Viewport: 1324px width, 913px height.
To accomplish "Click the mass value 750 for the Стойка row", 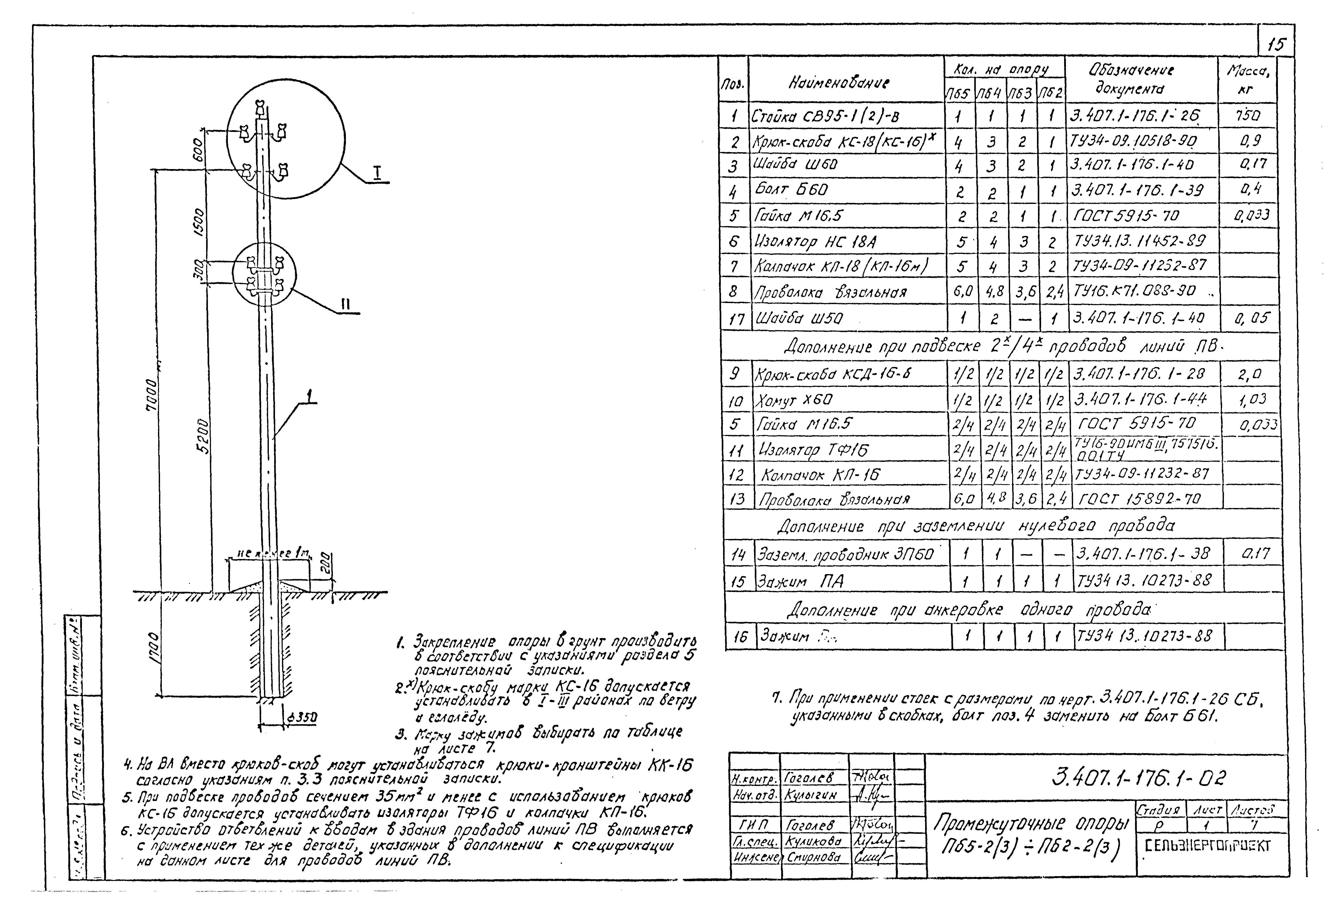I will [x=1247, y=116].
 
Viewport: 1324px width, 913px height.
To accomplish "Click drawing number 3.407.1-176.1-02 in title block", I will [x=1139, y=777].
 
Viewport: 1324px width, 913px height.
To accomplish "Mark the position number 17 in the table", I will [x=736, y=319].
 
